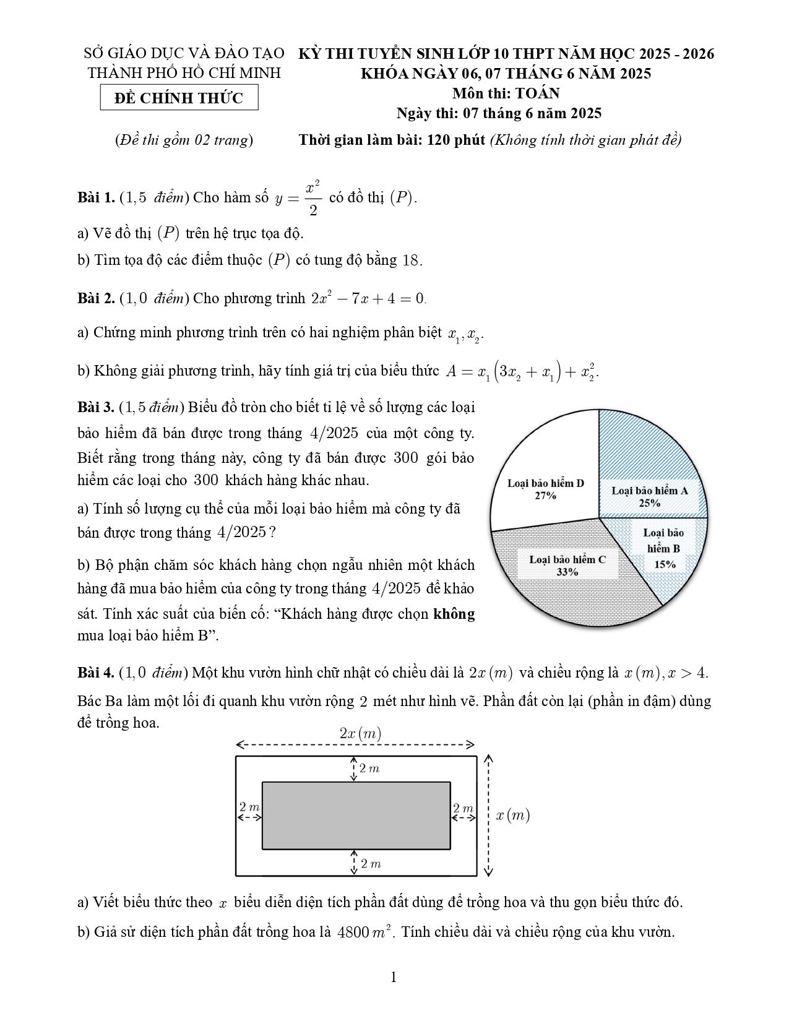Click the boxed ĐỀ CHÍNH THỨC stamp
pyautogui.click(x=179, y=98)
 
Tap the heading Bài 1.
pyautogui.click(x=96, y=198)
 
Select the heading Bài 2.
pyautogui.click(x=96, y=298)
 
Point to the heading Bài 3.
pyautogui.click(x=96, y=407)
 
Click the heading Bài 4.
pyautogui.click(x=96, y=673)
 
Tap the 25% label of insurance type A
pyautogui.click(x=650, y=503)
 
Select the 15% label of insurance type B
pyautogui.click(x=665, y=564)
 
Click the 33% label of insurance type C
pyautogui.click(x=567, y=572)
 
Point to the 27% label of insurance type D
pyautogui.click(x=545, y=496)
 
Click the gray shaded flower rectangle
pyautogui.click(x=356, y=816)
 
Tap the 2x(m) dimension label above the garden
pyautogui.click(x=360, y=734)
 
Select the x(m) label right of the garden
pyautogui.click(x=513, y=816)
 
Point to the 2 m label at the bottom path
pyautogui.click(x=370, y=863)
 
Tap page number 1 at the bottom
pyautogui.click(x=394, y=978)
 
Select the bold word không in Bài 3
pyautogui.click(x=454, y=614)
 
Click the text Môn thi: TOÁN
pyautogui.click(x=506, y=93)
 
